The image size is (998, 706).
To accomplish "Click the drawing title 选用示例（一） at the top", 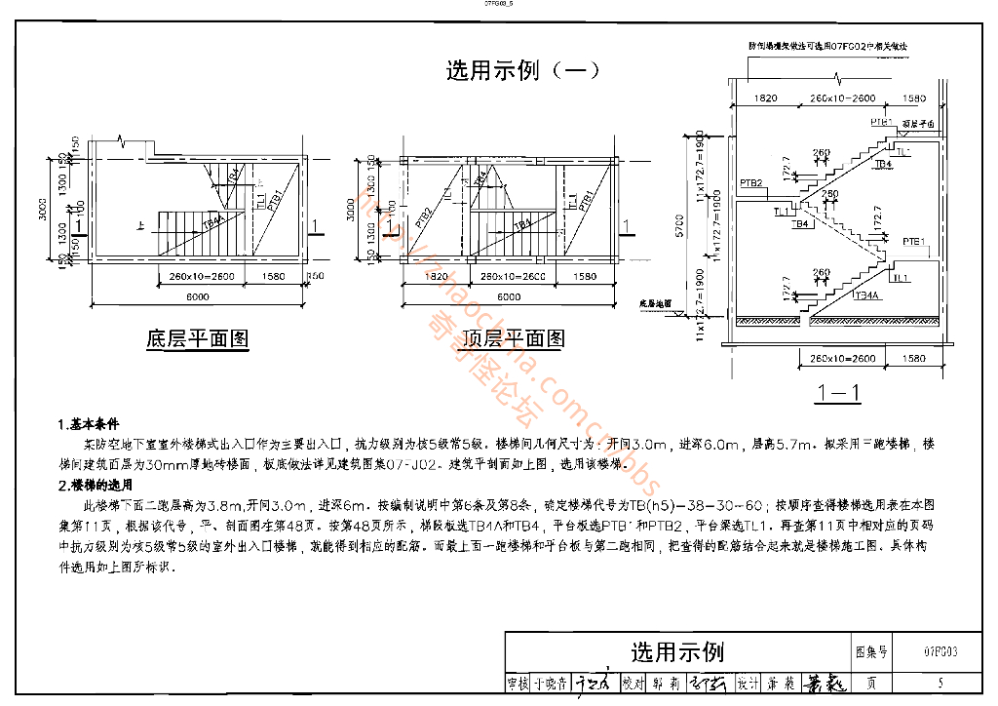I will pos(522,70).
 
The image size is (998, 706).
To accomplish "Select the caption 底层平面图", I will pos(197,339).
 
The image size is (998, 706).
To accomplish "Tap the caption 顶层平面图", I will pos(514,339).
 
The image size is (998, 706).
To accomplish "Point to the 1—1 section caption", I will pos(839,394).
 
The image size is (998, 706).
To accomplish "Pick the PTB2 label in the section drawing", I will pos(750,182).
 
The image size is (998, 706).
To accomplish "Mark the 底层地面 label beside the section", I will pos(657,303).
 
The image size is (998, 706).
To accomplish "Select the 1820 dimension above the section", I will pos(766,98).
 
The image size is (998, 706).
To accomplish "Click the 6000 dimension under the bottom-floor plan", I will pos(197,296).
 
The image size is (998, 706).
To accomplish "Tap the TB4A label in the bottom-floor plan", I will pos(212,223).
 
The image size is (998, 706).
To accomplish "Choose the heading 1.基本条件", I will pos(89,425).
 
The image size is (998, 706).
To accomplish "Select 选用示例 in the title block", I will pos(677,651).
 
